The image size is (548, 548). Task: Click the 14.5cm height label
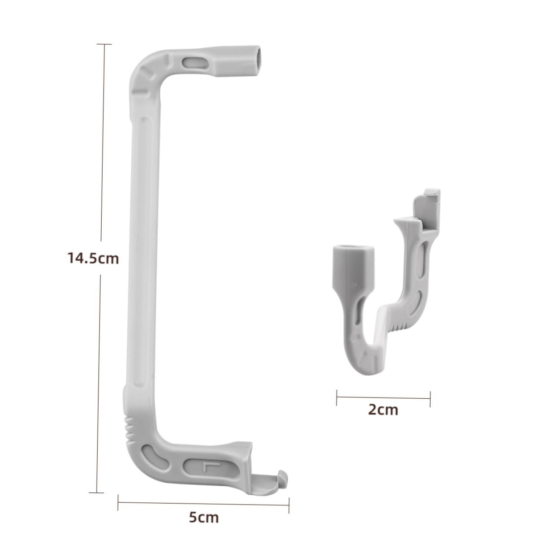pyautogui.click(x=93, y=259)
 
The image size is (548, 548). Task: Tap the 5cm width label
pyautogui.click(x=203, y=518)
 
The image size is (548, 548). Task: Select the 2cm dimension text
pyautogui.click(x=383, y=409)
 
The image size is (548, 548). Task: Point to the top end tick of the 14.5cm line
pyautogui.click(x=104, y=44)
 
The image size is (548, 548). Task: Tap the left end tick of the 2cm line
pyautogui.click(x=337, y=397)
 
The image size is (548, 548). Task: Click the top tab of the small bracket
pyautogui.click(x=431, y=197)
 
